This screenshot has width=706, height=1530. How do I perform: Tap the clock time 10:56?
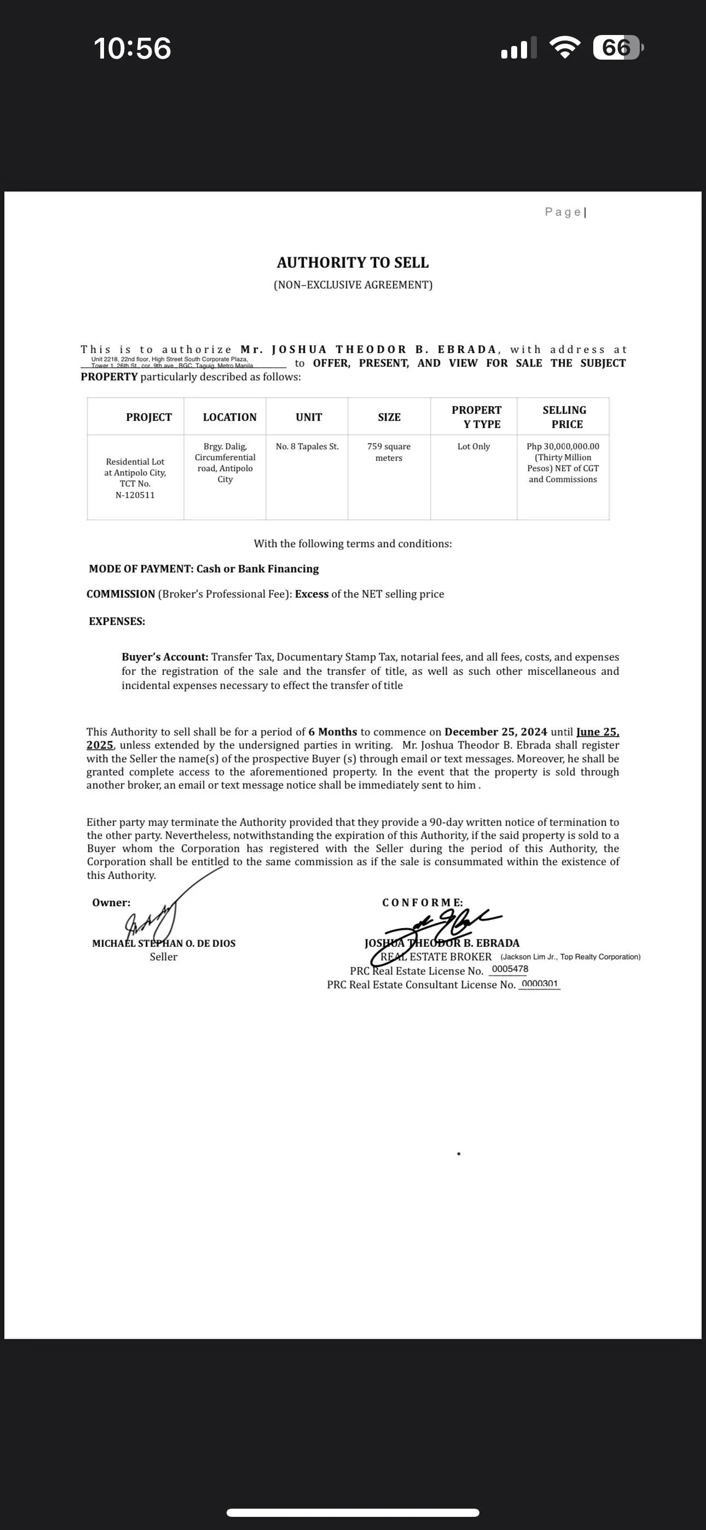click(132, 48)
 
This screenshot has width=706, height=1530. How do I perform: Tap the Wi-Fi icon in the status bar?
click(566, 48)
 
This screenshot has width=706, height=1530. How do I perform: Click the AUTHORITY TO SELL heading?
click(352, 263)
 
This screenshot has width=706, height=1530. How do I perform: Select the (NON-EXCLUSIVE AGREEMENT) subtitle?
click(353, 285)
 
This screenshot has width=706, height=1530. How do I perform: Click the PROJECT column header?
click(148, 418)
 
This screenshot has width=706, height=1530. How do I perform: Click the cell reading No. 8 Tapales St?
click(307, 447)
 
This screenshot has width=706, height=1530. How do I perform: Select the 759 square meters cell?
click(389, 452)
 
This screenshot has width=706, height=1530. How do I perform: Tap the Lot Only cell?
click(473, 447)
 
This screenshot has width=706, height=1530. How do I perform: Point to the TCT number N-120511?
click(135, 495)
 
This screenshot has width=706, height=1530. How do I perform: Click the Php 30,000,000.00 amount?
click(563, 447)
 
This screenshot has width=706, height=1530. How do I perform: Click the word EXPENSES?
click(117, 621)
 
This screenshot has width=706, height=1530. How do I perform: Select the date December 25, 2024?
click(487, 732)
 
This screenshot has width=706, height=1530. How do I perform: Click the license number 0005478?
click(510, 969)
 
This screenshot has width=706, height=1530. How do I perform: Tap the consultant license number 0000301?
click(540, 983)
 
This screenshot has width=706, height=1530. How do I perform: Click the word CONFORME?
click(422, 903)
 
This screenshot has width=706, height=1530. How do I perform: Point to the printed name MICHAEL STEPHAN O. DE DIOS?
click(164, 943)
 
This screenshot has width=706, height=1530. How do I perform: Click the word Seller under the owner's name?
click(164, 957)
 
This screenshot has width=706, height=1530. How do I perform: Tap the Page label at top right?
click(563, 212)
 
